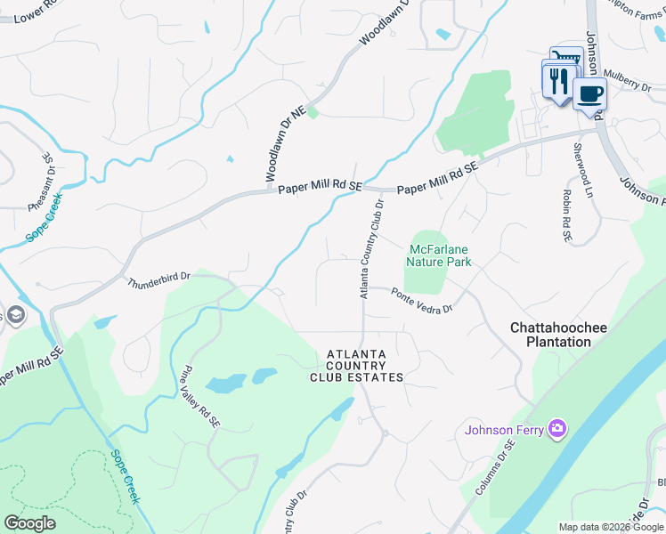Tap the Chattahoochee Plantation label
[x=558, y=335]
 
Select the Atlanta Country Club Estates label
[x=356, y=366]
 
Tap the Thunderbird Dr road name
[x=159, y=282]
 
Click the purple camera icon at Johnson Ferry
[x=557, y=430]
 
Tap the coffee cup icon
[x=589, y=93]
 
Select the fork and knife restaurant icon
[x=558, y=81]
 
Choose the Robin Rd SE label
[x=565, y=214]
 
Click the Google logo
[x=29, y=523]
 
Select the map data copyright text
[x=611, y=527]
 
